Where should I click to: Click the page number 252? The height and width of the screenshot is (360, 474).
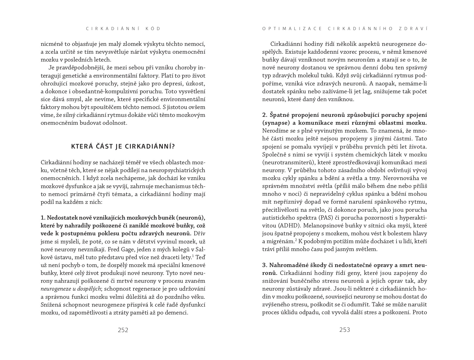[123, 330]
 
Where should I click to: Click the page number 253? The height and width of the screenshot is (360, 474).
[345, 330]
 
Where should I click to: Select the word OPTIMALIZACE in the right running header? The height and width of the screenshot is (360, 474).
[292, 28]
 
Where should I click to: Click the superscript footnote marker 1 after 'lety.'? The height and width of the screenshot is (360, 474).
[193, 256]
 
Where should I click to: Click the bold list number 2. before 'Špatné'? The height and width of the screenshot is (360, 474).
[265, 115]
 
